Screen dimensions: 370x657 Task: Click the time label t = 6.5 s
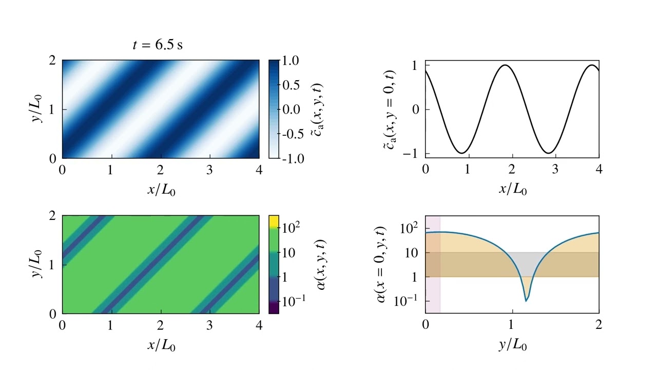158,45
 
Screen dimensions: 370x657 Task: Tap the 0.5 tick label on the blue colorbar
292,85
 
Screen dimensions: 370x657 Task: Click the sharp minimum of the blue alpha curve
526,300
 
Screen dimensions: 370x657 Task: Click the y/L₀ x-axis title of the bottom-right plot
512,345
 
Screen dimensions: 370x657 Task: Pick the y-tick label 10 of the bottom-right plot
410,253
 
